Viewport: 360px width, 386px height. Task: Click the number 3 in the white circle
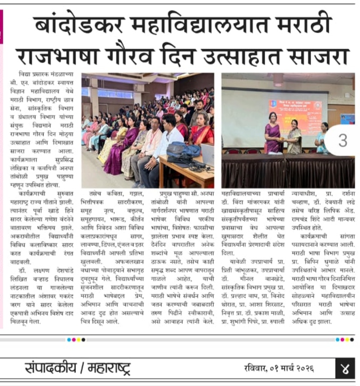point(342,141)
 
